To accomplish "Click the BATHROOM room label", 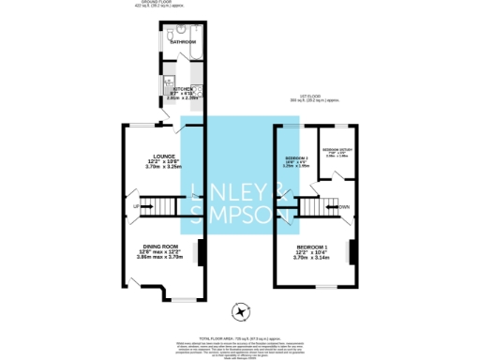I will click(x=183, y=42).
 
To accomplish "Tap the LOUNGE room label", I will click(x=165, y=157).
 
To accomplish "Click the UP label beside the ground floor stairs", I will click(x=137, y=205).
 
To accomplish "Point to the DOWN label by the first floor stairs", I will click(x=344, y=205).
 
